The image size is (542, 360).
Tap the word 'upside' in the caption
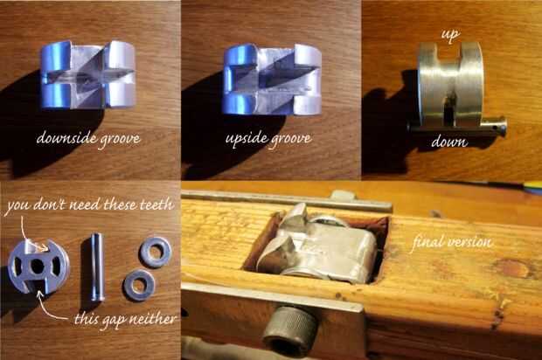pyautogui.click(x=246, y=139)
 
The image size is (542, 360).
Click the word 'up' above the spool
pyautogui.click(x=450, y=35)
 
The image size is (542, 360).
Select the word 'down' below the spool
pyautogui.click(x=449, y=142)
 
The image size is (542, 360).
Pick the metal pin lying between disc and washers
pyautogui.click(x=97, y=267)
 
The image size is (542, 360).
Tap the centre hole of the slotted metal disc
pyautogui.click(x=37, y=266)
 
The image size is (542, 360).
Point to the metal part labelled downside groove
pyautogui.click(x=87, y=74)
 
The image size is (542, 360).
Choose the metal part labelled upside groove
pyautogui.click(x=272, y=80)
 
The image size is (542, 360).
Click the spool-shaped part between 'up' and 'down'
pyautogui.click(x=449, y=85)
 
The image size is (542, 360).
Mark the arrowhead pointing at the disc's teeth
pyautogui.click(x=45, y=247)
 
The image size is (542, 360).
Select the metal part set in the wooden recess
pyautogui.click(x=316, y=246)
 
